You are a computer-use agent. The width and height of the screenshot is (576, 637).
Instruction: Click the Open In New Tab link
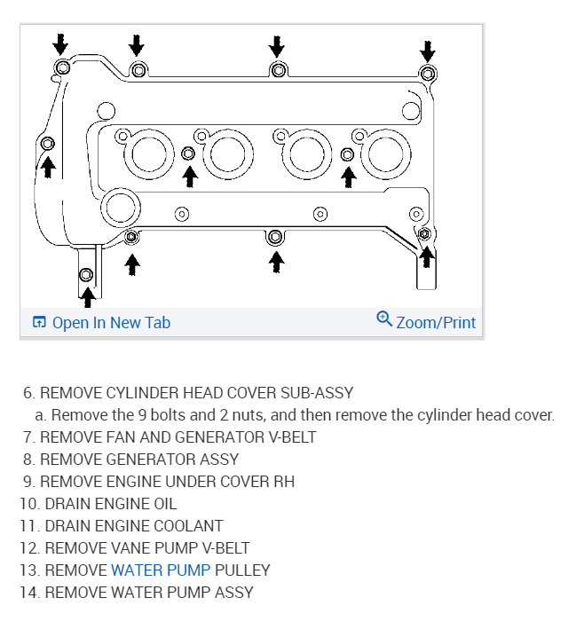coord(111,323)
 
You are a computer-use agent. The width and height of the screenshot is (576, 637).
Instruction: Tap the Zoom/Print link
coord(436,323)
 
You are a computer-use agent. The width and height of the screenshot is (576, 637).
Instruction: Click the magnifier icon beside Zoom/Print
coord(384,319)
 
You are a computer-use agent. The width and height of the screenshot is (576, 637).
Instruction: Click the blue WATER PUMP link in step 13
coord(161,570)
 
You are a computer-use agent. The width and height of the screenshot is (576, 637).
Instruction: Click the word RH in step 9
coord(284,481)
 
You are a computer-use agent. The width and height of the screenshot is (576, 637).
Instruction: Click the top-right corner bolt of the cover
coord(428,73)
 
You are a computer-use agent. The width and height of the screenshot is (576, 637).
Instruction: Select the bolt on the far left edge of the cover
coord(48,143)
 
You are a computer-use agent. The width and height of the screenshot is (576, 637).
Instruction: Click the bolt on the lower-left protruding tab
coord(87,273)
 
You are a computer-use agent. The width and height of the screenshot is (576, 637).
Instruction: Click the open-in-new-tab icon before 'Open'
coord(39,323)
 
